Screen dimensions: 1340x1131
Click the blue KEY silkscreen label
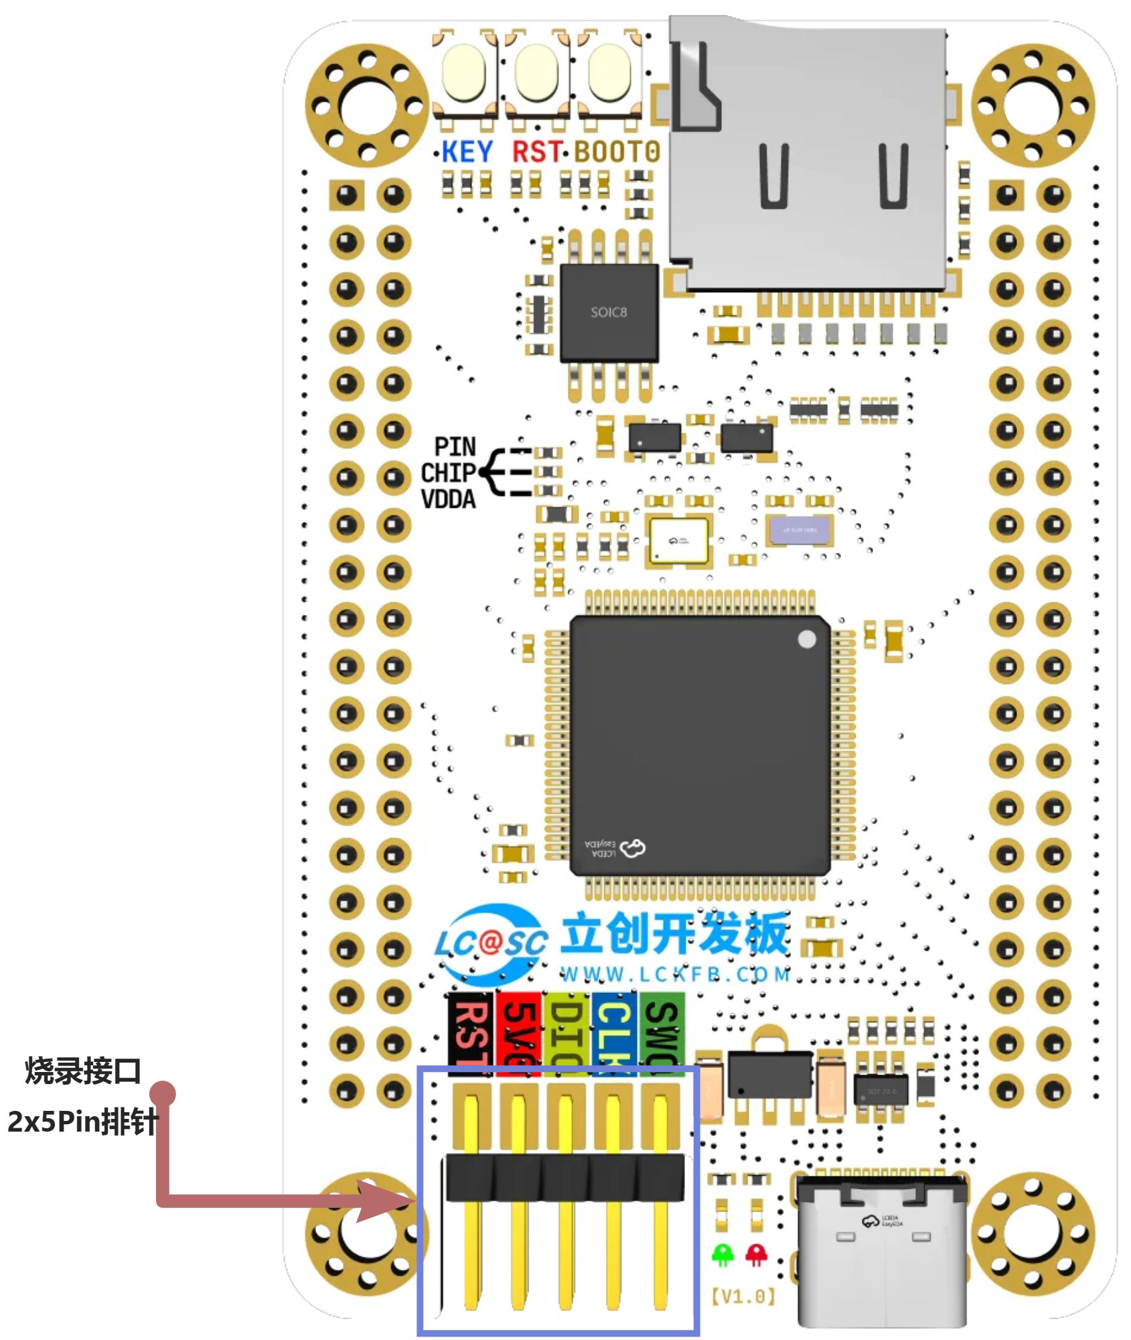(x=467, y=152)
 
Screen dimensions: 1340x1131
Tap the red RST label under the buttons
(x=536, y=152)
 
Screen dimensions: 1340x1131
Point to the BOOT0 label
(x=617, y=152)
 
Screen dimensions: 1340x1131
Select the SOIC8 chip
(x=609, y=312)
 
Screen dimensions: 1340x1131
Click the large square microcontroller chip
(x=699, y=744)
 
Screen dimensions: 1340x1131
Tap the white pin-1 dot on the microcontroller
(x=807, y=639)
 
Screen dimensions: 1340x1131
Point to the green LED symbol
(x=723, y=1254)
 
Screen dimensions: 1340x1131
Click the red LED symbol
(x=757, y=1254)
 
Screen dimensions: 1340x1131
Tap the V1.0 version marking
(x=743, y=1296)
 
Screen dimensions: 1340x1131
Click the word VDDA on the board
(x=448, y=499)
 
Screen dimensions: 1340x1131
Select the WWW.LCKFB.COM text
(x=675, y=974)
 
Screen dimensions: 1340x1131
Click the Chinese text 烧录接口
(x=83, y=1071)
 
